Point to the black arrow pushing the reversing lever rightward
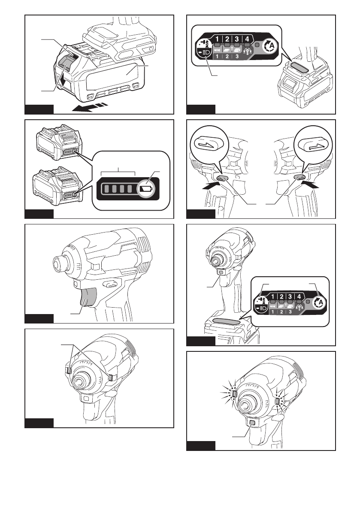pos(211,186)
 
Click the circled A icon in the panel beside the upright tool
pos(318,302)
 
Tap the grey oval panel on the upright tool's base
pos(226,322)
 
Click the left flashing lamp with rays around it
pos(234,392)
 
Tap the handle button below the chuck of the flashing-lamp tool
pos(252,423)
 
